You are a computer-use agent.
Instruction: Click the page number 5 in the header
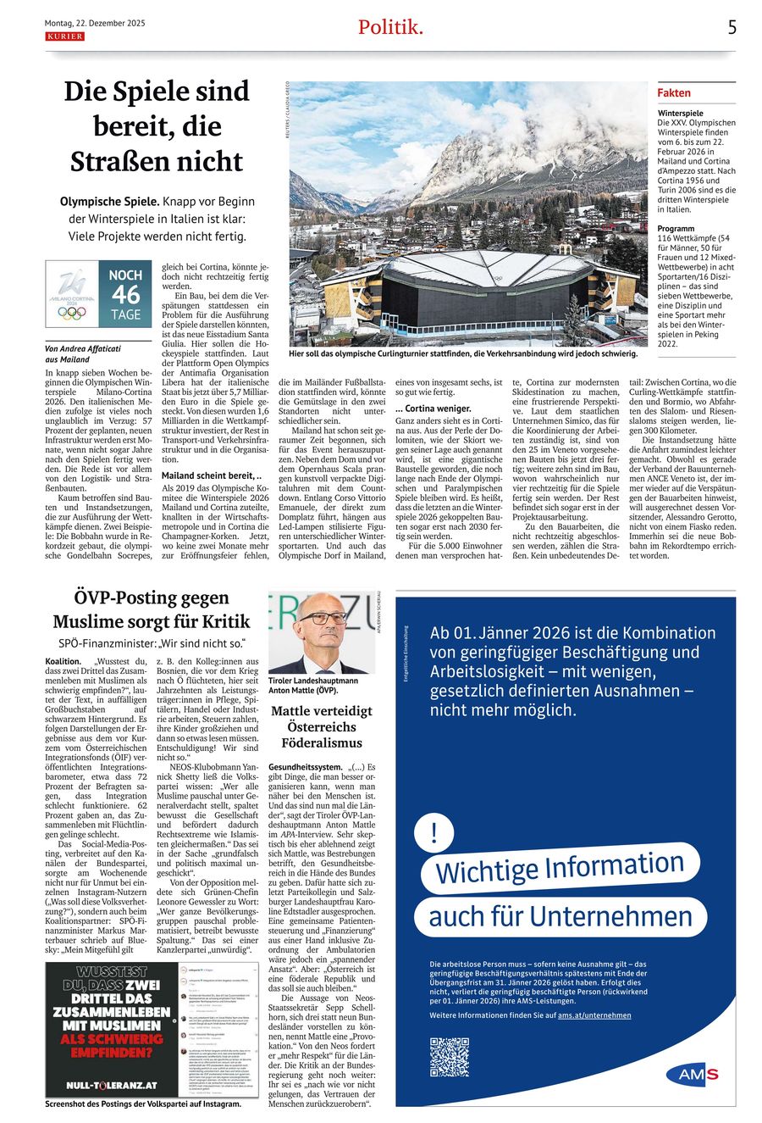[732, 27]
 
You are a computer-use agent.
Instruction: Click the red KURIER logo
[64, 36]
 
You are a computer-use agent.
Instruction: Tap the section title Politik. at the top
[389, 27]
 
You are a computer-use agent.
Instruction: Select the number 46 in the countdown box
[125, 294]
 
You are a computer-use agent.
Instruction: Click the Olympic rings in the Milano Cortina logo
[72, 313]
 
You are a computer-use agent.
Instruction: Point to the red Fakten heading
[674, 92]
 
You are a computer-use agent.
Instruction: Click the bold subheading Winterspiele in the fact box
[681, 113]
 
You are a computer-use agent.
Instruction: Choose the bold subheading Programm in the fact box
[676, 229]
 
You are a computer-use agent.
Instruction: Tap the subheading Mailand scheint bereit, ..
[206, 475]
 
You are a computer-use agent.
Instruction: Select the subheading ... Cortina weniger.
[433, 409]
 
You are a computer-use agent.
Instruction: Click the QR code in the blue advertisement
[449, 1056]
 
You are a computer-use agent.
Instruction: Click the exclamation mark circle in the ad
[435, 832]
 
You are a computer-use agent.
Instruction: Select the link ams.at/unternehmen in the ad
[594, 1015]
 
